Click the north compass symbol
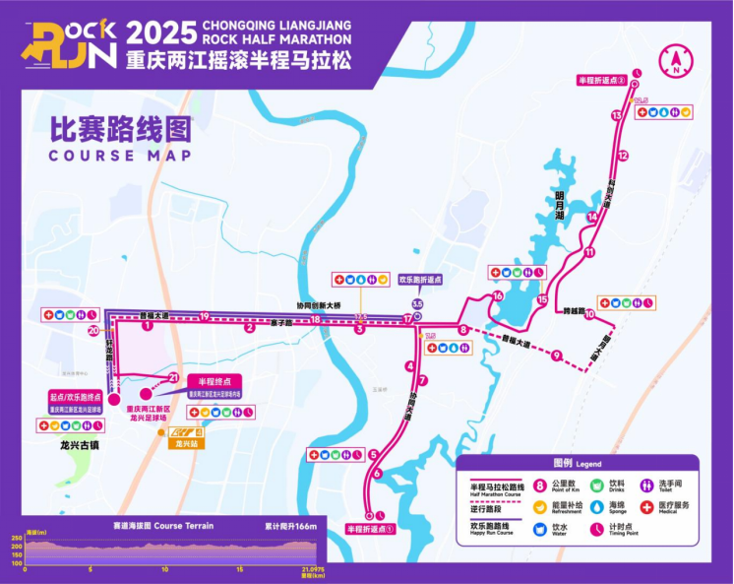coord(677,61)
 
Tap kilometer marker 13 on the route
coord(616,116)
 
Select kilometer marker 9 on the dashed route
coord(556,356)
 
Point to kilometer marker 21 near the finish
coord(173,377)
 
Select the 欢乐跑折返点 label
coord(420,280)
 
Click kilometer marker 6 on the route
coord(377,475)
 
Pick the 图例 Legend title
coord(577,462)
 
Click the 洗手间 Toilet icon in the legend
coord(646,485)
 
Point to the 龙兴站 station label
coord(180,444)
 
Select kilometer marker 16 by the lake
coord(498,295)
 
